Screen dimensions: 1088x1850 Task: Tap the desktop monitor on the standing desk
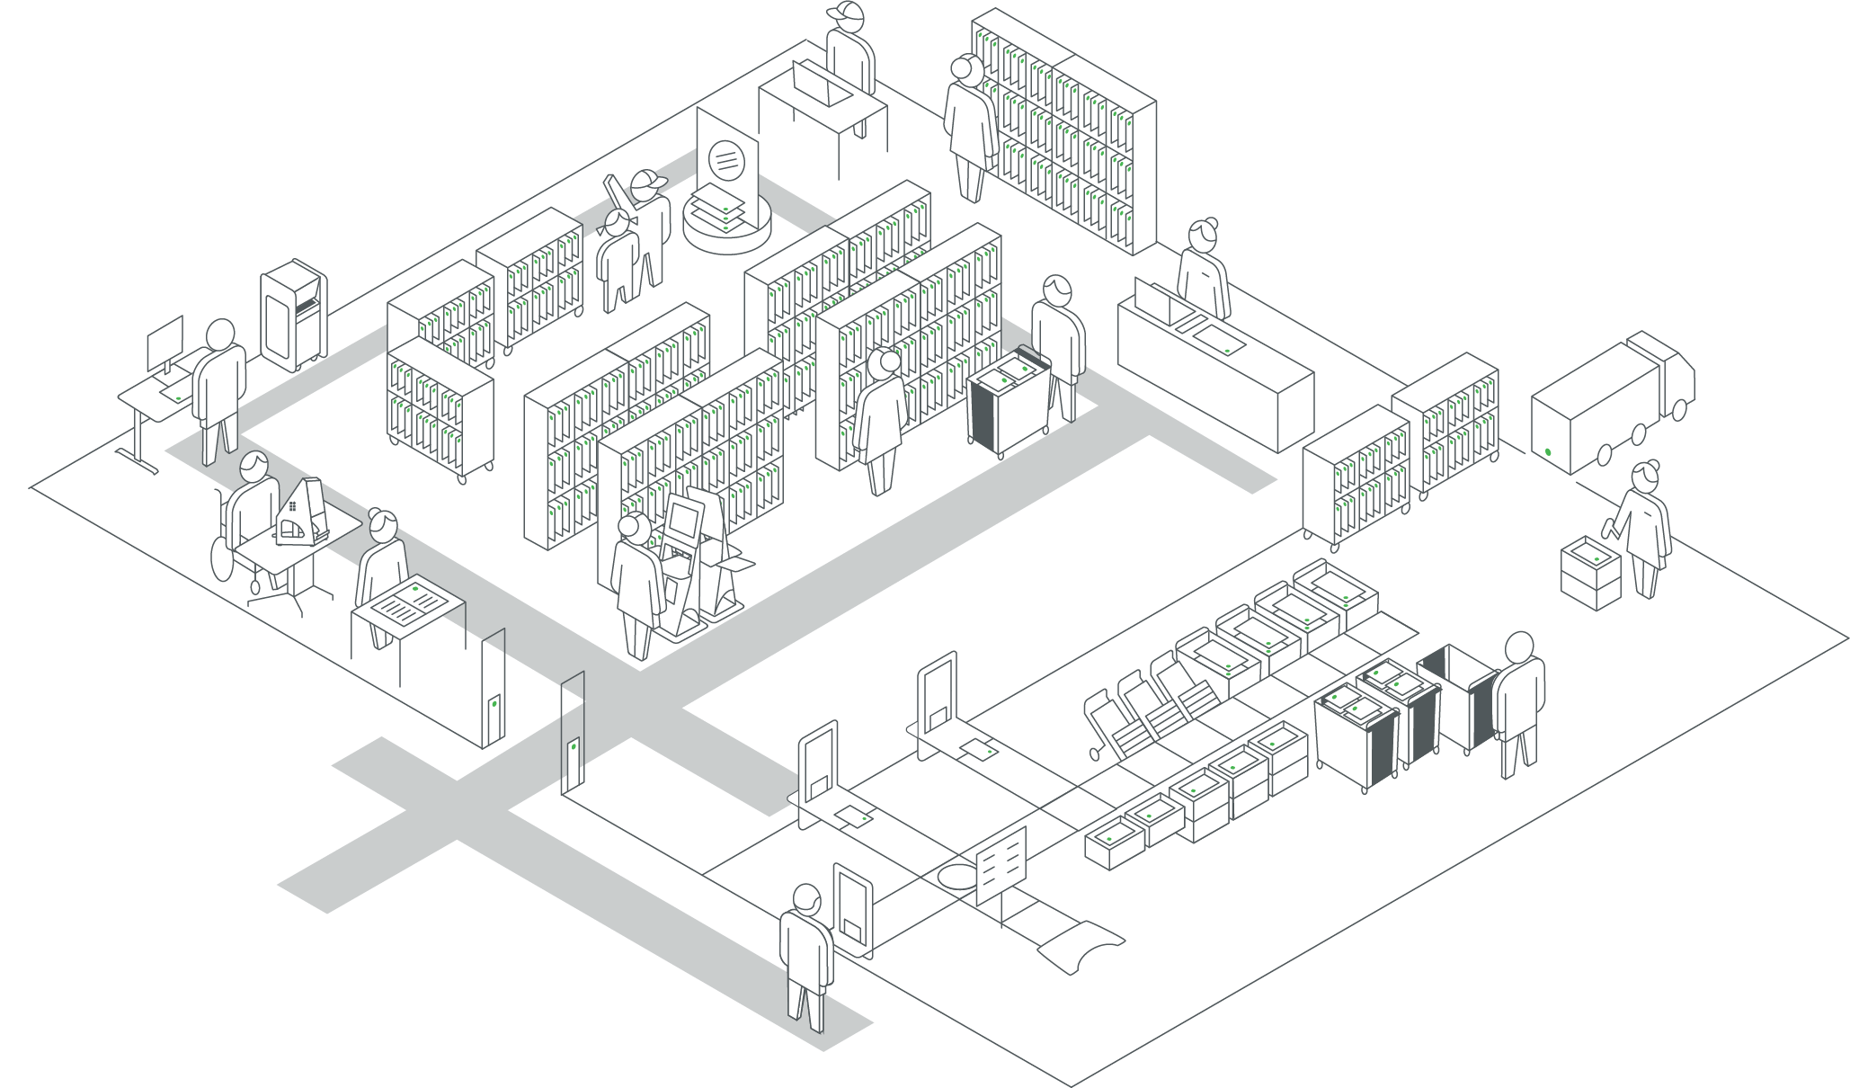165,340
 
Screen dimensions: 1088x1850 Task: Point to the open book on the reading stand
409,601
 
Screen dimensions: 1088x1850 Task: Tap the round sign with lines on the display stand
726,159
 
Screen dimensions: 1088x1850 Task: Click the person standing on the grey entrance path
805,953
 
